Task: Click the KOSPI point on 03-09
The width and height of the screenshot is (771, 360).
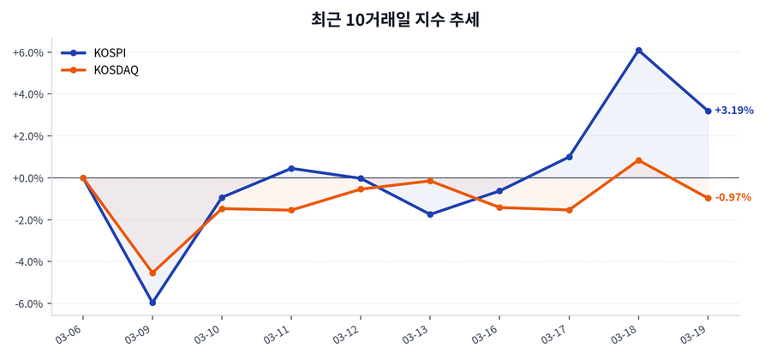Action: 152,303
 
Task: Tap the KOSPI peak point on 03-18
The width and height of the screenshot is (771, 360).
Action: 638,51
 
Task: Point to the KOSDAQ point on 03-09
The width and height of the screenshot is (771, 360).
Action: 152,273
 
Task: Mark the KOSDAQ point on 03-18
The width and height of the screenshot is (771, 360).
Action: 638,160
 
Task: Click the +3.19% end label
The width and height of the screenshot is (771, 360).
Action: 733,111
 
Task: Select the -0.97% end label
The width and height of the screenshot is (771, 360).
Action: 733,198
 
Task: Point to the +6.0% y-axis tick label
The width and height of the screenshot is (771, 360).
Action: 27,52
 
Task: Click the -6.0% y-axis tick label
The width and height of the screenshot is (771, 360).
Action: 27,303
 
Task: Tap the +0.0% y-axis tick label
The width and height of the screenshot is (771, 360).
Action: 27,178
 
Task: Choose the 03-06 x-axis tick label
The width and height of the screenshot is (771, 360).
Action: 70,333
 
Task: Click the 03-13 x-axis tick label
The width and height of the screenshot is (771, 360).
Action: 417,333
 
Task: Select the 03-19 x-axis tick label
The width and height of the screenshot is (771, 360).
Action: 695,333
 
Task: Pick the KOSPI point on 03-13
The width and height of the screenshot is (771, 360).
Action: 430,214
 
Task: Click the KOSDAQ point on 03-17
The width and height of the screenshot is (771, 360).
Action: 569,210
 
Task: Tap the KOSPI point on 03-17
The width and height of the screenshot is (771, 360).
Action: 569,157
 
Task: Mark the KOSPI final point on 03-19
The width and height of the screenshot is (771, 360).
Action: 708,111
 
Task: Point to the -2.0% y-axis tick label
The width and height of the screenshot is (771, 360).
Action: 27,220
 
